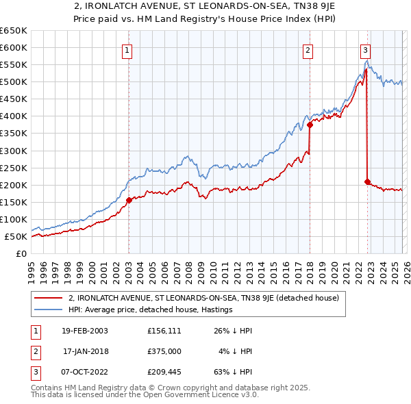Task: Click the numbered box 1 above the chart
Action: pos(127,49)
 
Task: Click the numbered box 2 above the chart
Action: pos(308,49)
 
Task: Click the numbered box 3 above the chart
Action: pos(366,49)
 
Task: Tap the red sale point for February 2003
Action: pos(129,200)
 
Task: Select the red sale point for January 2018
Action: pos(310,125)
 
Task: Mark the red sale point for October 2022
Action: pos(367,181)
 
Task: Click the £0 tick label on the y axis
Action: pos(21,254)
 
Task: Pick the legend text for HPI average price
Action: pos(151,310)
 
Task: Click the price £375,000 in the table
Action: pos(164,351)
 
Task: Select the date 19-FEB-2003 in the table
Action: pos(84,331)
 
